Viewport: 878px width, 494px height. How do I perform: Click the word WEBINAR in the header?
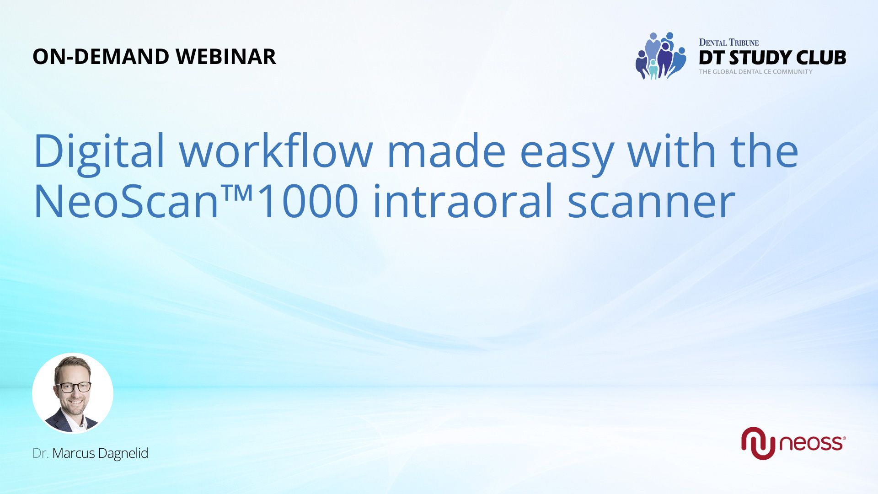point(226,57)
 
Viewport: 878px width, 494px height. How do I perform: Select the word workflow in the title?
point(276,150)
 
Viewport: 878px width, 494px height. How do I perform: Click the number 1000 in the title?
point(306,201)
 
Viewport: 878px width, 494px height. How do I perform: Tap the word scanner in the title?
point(651,204)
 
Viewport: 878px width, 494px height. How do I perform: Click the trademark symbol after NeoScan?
point(237,193)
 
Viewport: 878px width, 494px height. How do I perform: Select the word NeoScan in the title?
point(127,201)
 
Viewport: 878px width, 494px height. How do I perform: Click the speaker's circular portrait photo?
point(73,393)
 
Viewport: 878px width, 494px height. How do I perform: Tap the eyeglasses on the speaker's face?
point(73,387)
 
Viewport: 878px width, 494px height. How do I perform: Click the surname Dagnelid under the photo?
point(123,453)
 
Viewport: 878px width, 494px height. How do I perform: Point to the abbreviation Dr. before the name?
point(41,453)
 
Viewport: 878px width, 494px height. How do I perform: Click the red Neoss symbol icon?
point(758,443)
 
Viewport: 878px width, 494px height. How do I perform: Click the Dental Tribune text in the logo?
point(729,43)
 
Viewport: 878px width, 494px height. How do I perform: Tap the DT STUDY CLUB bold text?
point(772,58)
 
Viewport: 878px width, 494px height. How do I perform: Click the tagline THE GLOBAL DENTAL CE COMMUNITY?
point(756,72)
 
